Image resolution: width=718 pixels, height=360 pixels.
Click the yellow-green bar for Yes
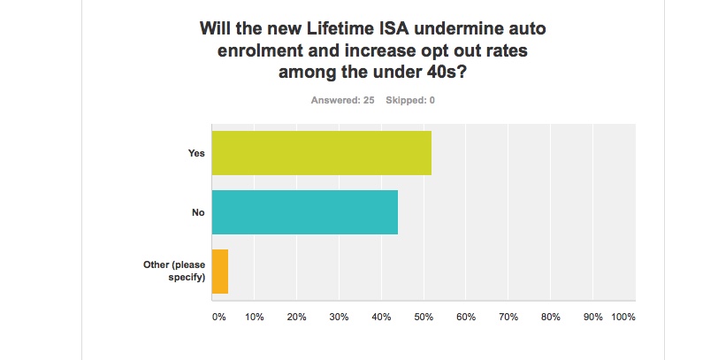pyautogui.click(x=321, y=153)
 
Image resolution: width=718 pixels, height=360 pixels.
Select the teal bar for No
pyautogui.click(x=304, y=212)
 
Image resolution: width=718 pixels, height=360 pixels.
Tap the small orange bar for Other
pyautogui.click(x=220, y=272)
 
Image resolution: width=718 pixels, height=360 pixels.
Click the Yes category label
pyautogui.click(x=196, y=153)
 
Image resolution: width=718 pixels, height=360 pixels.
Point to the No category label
pyautogui.click(x=198, y=212)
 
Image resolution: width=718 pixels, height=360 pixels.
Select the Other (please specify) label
pyautogui.click(x=174, y=271)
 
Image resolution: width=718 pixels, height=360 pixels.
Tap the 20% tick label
pyautogui.click(x=296, y=317)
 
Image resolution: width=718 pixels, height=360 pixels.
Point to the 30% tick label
pyautogui.click(x=339, y=317)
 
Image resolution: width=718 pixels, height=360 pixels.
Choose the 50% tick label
pyautogui.click(x=424, y=317)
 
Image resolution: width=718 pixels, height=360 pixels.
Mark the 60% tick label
pyautogui.click(x=466, y=317)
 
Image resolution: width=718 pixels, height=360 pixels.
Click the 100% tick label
pyautogui.click(x=623, y=317)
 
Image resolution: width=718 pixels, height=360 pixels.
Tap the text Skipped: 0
pyautogui.click(x=410, y=100)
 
